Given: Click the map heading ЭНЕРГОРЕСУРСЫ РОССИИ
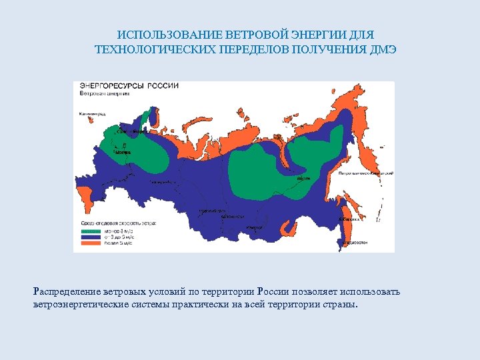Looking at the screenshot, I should click(x=129, y=86).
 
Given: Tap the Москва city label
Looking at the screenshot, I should click(x=122, y=152).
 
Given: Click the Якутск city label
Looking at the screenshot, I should click(x=303, y=178).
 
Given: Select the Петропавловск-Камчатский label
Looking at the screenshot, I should click(x=366, y=173).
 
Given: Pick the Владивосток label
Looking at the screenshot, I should click(x=355, y=243).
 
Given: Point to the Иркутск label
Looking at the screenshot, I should click(x=255, y=228).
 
